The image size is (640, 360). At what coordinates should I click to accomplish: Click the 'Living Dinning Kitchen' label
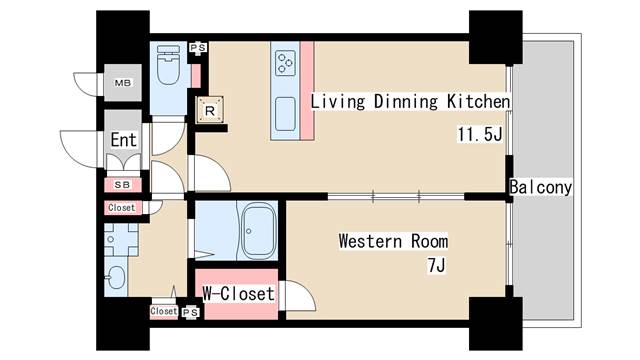410,102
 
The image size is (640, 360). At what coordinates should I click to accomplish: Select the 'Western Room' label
392,241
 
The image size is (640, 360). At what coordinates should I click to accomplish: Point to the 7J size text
435,265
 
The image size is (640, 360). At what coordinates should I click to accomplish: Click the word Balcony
540,187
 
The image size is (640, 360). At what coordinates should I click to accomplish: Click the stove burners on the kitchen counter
286,63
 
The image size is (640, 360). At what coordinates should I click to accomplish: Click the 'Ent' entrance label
123,141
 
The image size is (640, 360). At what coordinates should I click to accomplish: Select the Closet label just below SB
121,208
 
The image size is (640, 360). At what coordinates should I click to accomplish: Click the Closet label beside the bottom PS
163,311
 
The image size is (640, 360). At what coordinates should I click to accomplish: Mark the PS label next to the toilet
199,47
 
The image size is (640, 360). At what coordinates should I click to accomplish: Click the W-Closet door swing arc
298,297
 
